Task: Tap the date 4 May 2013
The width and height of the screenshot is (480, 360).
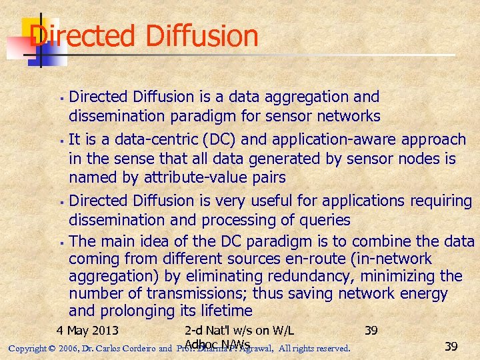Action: [x=87, y=330]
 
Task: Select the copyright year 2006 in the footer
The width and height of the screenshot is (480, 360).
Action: [x=67, y=348]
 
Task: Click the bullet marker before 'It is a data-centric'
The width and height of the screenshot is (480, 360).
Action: [x=61, y=141]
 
